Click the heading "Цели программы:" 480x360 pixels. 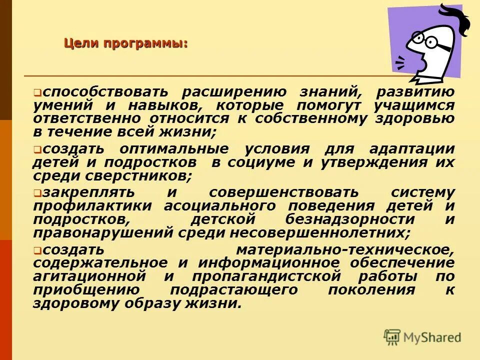(x=125, y=43)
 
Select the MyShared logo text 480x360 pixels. (x=431, y=337)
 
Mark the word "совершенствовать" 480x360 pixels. (x=283, y=192)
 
